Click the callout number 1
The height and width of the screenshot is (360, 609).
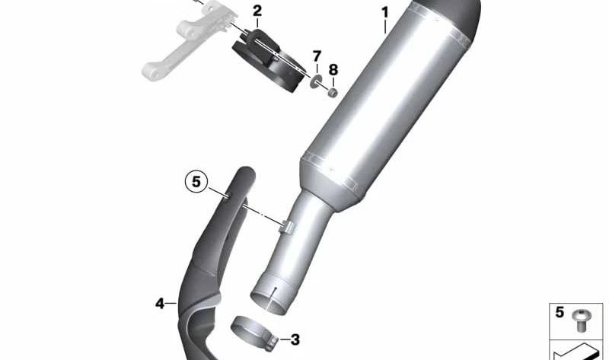click(x=385, y=13)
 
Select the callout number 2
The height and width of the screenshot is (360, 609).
click(x=257, y=11)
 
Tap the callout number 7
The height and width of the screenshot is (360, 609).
click(x=317, y=56)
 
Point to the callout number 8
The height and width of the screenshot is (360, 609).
click(x=333, y=70)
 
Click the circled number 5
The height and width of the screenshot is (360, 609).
click(x=196, y=181)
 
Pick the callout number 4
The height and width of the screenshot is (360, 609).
click(x=160, y=304)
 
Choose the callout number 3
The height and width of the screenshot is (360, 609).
click(x=295, y=339)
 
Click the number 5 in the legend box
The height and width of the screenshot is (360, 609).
click(x=560, y=312)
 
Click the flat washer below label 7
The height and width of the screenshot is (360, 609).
click(x=316, y=82)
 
